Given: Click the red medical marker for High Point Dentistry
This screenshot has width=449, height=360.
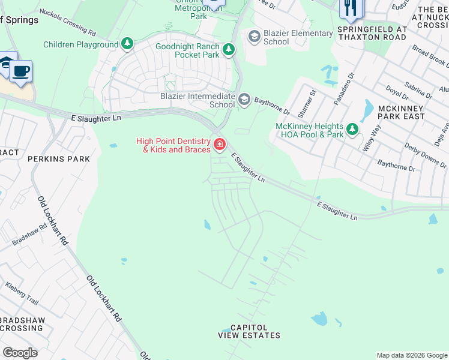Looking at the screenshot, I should [x=220, y=145].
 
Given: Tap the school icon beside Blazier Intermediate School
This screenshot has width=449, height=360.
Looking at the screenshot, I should [x=244, y=99].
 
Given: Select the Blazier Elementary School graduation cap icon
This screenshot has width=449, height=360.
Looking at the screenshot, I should [x=254, y=37].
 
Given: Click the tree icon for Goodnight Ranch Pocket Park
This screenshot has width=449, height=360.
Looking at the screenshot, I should [x=228, y=50].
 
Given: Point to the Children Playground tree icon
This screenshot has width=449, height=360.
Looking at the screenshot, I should [x=127, y=44].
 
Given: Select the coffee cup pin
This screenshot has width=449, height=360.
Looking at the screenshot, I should [x=21, y=71].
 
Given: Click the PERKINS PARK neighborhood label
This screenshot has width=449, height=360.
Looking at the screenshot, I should [x=58, y=159].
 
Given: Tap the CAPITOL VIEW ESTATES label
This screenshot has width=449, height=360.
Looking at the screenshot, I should [x=249, y=331].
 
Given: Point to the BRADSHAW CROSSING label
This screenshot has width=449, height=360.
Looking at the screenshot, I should [x=22, y=325].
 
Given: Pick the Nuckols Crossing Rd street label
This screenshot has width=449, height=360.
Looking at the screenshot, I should [x=67, y=21].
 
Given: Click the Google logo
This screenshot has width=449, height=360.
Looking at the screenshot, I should [x=20, y=353].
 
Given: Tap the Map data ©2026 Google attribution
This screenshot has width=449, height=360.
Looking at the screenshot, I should [x=411, y=355].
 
